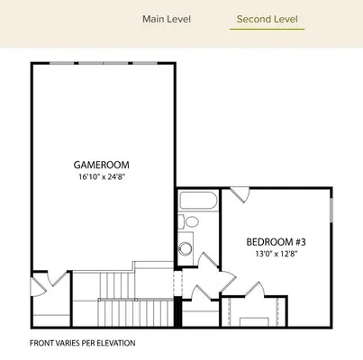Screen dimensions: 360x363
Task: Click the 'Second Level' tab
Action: click(267, 19)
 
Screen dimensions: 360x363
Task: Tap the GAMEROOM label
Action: click(102, 165)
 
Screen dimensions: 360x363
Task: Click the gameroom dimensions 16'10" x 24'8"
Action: click(102, 177)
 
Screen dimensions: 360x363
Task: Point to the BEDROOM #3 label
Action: click(277, 241)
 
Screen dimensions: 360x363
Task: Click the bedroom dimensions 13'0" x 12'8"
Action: click(277, 254)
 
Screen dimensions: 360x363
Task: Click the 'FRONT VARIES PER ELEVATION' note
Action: click(82, 343)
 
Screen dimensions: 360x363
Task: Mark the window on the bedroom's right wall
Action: click(331, 206)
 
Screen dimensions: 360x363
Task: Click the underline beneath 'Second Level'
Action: click(267, 30)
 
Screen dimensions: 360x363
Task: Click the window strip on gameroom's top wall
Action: click(103, 63)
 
